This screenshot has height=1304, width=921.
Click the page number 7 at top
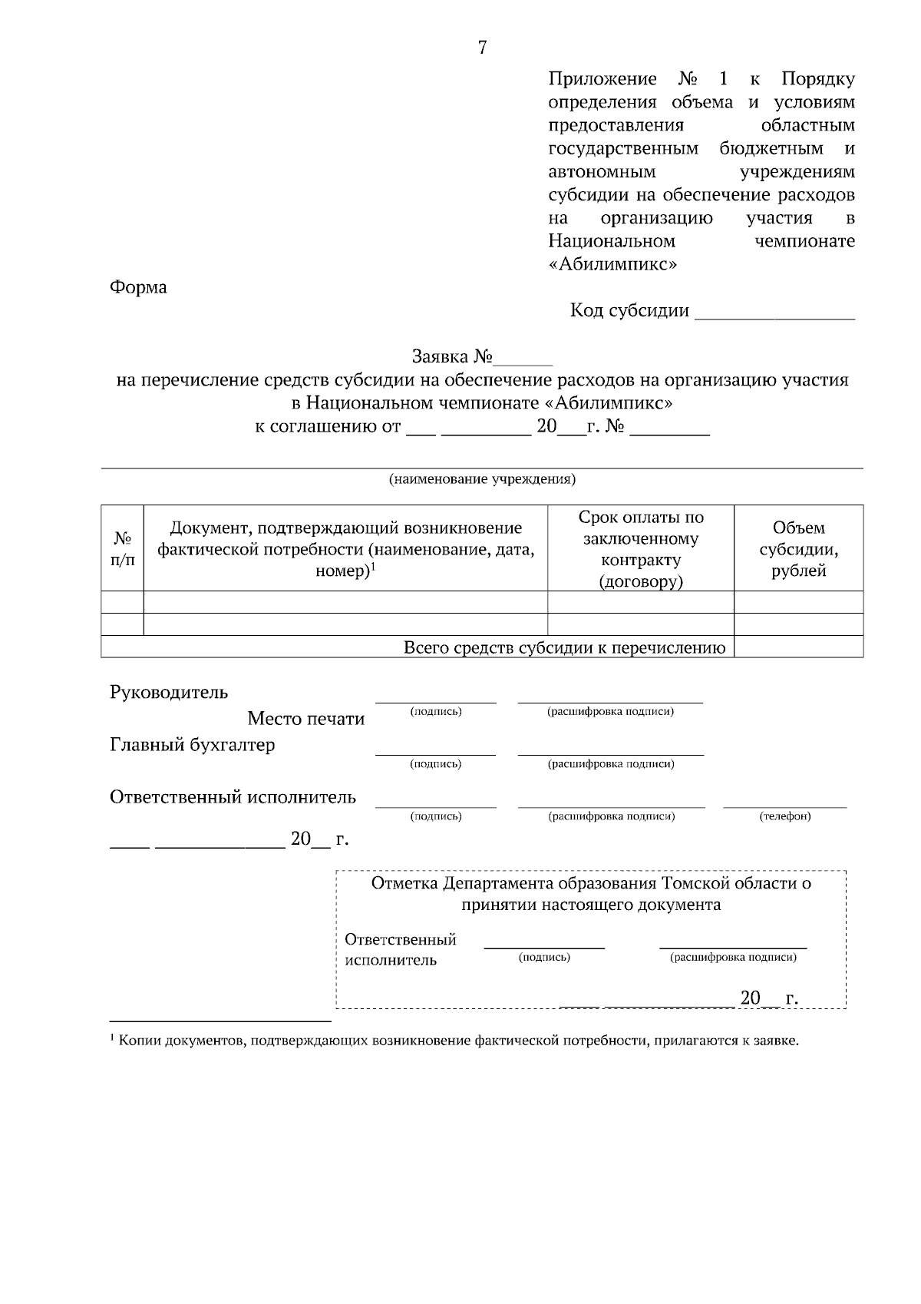[482, 48]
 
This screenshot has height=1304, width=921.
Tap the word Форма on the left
[138, 288]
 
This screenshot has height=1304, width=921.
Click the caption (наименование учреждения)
[482, 480]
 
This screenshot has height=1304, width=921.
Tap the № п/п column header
[123, 548]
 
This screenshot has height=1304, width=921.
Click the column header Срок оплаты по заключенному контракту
[641, 548]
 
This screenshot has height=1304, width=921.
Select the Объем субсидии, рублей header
[798, 548]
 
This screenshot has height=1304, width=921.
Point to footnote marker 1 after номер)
[373, 567]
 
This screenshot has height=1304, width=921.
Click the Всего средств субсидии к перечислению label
[564, 648]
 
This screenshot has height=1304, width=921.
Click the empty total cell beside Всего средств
[798, 648]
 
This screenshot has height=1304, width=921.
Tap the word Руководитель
[169, 693]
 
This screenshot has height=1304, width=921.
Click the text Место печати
[305, 720]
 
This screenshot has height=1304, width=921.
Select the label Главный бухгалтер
[192, 745]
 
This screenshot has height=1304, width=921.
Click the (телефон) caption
[785, 816]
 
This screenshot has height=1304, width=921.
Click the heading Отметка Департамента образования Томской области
[591, 884]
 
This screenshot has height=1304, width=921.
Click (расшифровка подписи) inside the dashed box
[733, 958]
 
